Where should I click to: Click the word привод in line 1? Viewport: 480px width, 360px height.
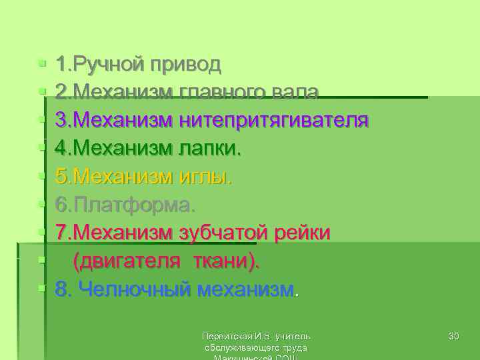point(186,65)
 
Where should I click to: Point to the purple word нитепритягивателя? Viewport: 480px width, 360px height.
point(274,121)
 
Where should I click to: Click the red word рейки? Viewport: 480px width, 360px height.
point(303,233)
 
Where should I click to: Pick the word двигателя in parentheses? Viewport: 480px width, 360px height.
point(127,261)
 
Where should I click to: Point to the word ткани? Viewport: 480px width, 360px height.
point(224,261)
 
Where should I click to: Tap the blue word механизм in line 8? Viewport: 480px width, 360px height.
point(249,290)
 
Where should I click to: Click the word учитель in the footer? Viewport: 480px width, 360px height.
point(293,336)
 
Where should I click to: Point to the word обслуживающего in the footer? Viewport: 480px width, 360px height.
point(239,347)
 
